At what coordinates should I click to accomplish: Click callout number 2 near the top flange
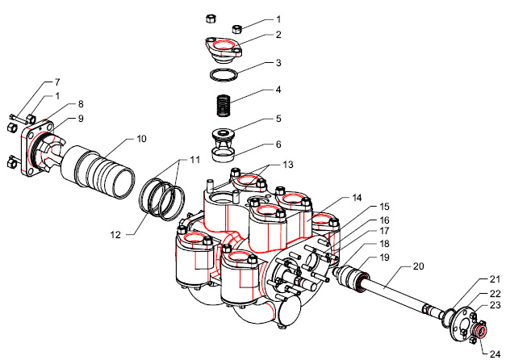tap(278, 35)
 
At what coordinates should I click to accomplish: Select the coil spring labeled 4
tap(223, 105)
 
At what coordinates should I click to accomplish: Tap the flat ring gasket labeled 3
tap(224, 75)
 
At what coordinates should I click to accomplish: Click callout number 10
tap(141, 139)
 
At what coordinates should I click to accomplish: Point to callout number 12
tap(115, 235)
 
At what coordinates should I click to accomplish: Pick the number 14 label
tap(357, 198)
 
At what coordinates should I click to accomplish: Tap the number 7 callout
tap(57, 82)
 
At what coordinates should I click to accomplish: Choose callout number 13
tap(288, 165)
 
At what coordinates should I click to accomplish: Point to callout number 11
tap(194, 160)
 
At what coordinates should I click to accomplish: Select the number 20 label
tap(418, 266)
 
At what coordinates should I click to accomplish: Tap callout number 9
tap(81, 119)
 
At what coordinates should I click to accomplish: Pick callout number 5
tap(278, 119)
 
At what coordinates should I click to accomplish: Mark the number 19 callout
tap(384, 257)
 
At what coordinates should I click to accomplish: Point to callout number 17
tap(384, 231)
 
